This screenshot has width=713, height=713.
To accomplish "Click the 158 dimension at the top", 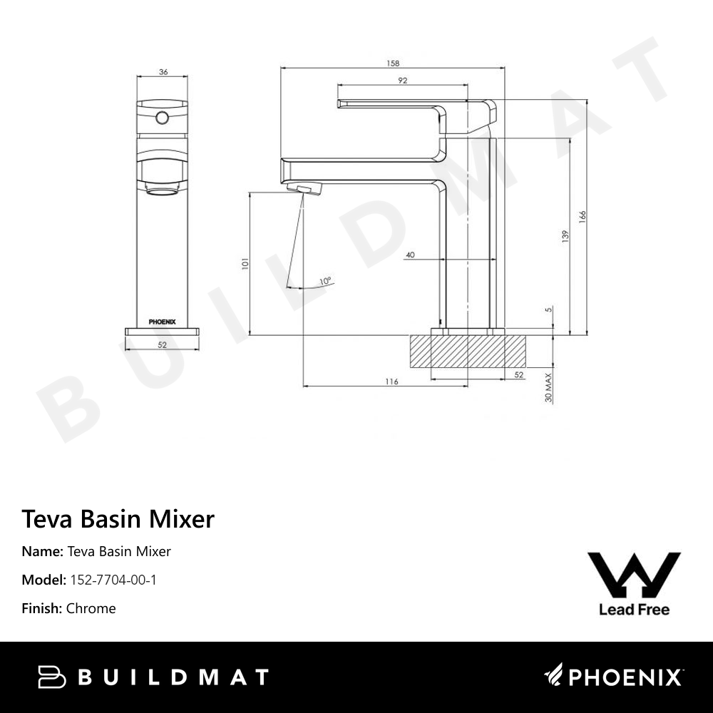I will point(392,63).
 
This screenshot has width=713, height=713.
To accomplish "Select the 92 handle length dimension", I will point(403,81).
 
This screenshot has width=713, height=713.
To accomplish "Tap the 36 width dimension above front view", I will point(163,71).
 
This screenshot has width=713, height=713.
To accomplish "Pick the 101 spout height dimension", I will point(245,263).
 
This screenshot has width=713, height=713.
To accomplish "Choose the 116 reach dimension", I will point(391,381).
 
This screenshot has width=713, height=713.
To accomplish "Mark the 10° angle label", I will point(325,281).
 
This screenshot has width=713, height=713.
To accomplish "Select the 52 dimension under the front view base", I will point(162,344).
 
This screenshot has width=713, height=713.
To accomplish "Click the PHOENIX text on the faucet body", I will point(162,322).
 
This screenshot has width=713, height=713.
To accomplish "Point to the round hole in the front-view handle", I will point(163,116).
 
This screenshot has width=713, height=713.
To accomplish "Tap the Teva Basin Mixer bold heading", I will point(118,518).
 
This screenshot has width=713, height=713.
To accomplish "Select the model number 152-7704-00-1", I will point(113,580).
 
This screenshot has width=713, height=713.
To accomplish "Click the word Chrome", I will point(91,608).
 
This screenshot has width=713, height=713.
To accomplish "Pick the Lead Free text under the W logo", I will point(634,610).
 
